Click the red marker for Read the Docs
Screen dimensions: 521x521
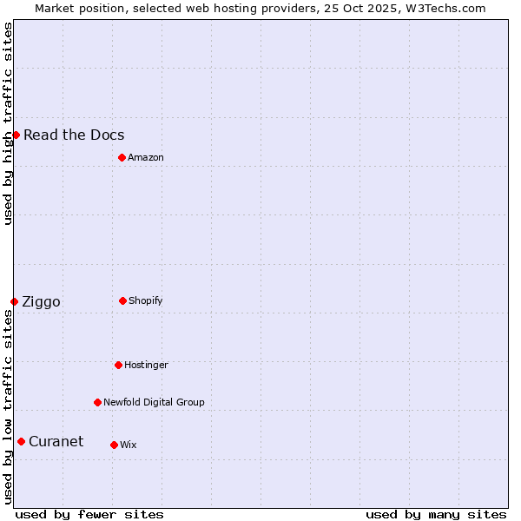pos(16,135)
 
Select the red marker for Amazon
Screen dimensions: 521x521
pos(122,157)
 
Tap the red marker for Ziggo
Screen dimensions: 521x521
pos(14,301)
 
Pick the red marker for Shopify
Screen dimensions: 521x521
pos(122,300)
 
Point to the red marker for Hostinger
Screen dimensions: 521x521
pos(118,365)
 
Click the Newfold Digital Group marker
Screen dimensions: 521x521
pos(97,402)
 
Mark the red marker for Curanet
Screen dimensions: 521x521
pos(21,441)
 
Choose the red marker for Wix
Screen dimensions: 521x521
pos(114,445)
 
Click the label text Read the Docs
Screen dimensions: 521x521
pos(74,135)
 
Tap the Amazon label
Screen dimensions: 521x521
pos(146,157)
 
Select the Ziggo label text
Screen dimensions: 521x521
pos(41,301)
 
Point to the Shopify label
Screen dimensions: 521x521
pos(146,300)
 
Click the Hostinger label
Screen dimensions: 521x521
pos(146,365)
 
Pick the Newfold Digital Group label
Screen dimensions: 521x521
pos(154,402)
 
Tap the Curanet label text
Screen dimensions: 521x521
pos(56,441)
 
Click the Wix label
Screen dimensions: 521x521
pos(129,445)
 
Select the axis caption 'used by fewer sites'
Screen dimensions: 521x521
pos(89,514)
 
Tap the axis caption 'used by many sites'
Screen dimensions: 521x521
pos(436,514)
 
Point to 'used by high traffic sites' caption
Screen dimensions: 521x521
pos(8,123)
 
